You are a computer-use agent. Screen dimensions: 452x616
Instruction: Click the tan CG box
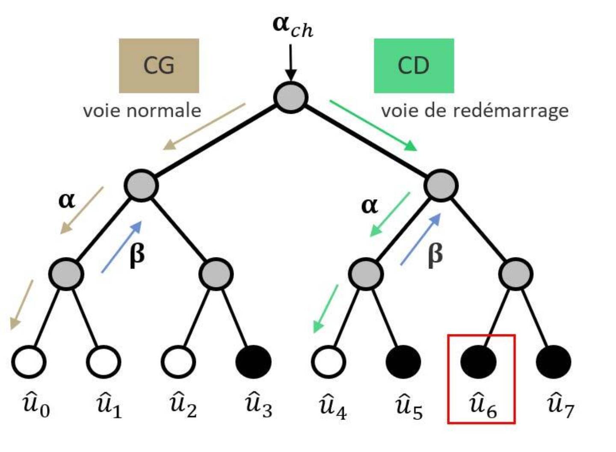point(159,65)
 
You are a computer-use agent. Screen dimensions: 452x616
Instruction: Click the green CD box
point(414,65)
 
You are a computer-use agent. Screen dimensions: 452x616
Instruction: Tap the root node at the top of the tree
point(291,97)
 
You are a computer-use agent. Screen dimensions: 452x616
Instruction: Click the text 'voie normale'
point(142,111)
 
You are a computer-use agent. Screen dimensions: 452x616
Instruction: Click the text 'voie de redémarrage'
point(475,111)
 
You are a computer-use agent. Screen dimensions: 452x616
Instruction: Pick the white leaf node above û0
point(29,362)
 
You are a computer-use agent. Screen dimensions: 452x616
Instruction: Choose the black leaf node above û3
point(254,362)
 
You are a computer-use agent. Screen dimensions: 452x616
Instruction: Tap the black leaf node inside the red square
point(478,362)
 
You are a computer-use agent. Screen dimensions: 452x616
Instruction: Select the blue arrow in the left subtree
point(121,247)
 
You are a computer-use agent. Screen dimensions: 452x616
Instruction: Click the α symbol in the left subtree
point(67,200)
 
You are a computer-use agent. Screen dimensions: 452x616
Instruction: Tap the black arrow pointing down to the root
point(290,62)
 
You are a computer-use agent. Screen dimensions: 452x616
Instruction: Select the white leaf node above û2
point(178,362)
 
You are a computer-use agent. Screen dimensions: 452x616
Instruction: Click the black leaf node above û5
point(403,362)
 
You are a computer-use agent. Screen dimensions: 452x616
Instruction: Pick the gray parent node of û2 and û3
point(216,274)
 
